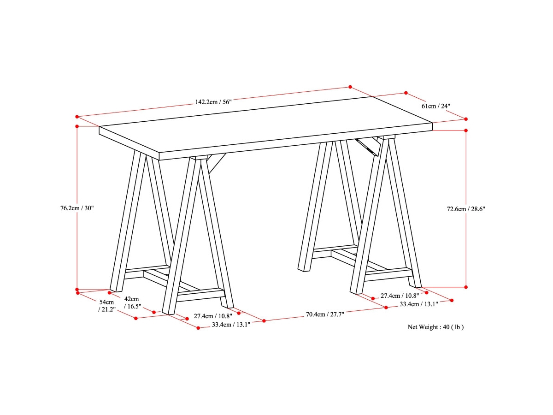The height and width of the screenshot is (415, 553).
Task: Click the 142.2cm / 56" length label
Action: click(x=213, y=102)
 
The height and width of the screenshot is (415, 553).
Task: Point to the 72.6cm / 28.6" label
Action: click(x=466, y=208)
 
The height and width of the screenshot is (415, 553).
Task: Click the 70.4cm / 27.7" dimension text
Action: click(x=325, y=314)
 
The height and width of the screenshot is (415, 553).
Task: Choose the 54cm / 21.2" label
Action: click(x=106, y=305)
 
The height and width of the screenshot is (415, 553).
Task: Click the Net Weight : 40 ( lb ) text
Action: click(x=435, y=327)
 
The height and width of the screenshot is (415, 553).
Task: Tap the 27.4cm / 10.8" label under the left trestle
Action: click(x=213, y=316)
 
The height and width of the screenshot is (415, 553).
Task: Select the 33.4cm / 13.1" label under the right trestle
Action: click(x=418, y=304)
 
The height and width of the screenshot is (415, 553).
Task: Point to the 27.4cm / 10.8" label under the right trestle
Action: click(x=400, y=295)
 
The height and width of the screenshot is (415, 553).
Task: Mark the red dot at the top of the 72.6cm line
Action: click(x=466, y=130)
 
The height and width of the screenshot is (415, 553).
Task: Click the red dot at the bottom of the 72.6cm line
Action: click(x=466, y=287)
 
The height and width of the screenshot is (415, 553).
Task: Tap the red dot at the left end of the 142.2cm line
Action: click(x=77, y=117)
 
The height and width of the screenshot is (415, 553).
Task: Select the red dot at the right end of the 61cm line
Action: click(x=465, y=119)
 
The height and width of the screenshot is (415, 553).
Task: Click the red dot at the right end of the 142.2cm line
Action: click(x=350, y=87)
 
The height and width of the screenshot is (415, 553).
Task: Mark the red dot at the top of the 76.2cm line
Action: click(x=77, y=126)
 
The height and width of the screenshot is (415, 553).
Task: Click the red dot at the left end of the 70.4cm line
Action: click(x=264, y=320)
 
